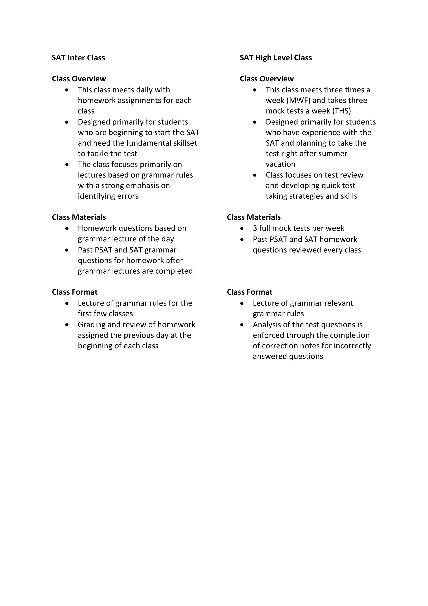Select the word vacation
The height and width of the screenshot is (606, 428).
(x=280, y=164)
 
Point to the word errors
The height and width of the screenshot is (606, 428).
(x=128, y=196)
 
